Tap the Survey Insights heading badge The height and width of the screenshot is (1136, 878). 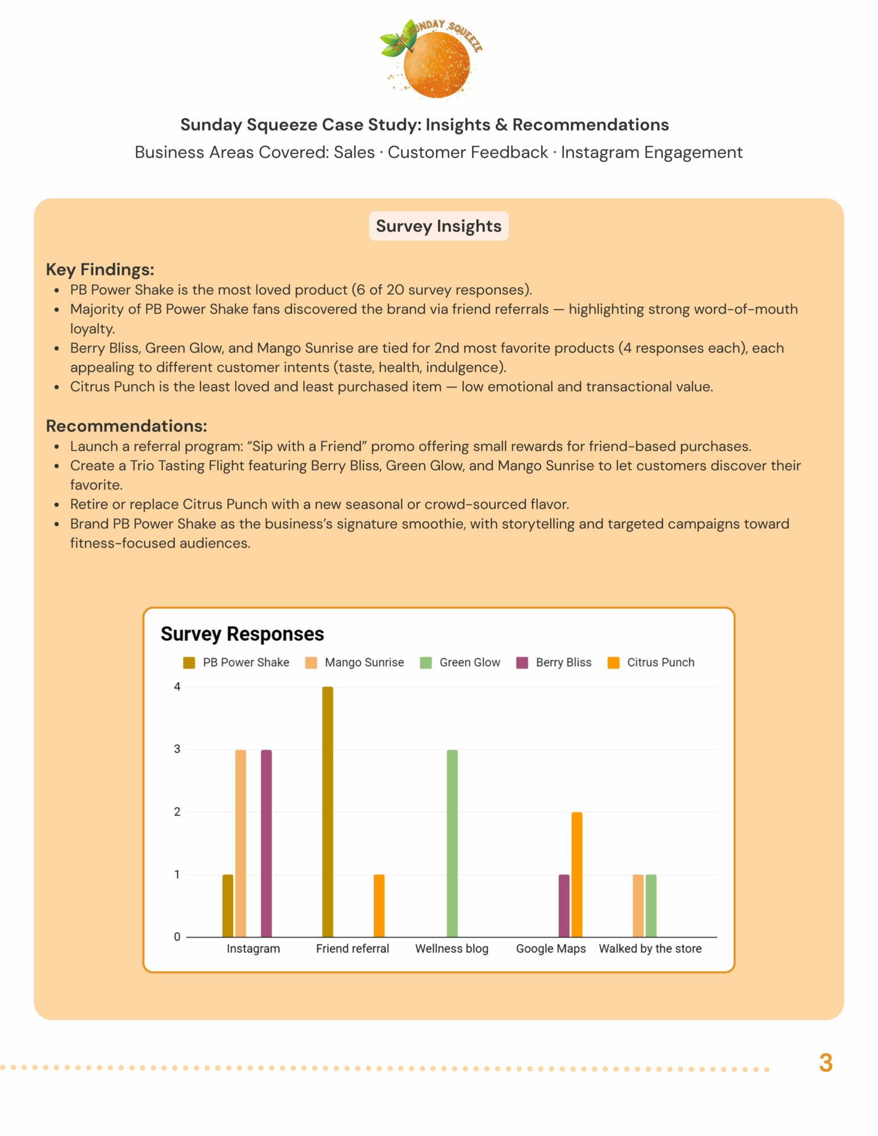pyautogui.click(x=438, y=226)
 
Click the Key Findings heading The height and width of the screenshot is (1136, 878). pyautogui.click(x=100, y=269)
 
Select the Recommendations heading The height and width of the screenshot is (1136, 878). pyautogui.click(x=126, y=425)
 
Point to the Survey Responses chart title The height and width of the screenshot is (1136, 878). pyautogui.click(x=242, y=634)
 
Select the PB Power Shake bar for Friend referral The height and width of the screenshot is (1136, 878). pyautogui.click(x=328, y=812)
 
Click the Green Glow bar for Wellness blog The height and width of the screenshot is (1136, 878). pyautogui.click(x=452, y=843)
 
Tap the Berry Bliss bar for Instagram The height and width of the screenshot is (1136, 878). pyautogui.click(x=266, y=843)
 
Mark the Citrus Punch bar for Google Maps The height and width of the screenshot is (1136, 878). pyautogui.click(x=577, y=874)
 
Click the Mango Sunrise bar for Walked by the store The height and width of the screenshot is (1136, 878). pyautogui.click(x=638, y=905)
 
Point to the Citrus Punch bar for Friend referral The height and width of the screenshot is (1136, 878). pyautogui.click(x=379, y=905)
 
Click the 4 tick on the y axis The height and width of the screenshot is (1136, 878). pyautogui.click(x=177, y=687)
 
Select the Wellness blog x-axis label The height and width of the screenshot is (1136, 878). pyautogui.click(x=451, y=949)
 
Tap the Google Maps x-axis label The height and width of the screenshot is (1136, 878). pyautogui.click(x=551, y=949)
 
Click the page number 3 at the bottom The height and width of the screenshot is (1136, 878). pyautogui.click(x=826, y=1063)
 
